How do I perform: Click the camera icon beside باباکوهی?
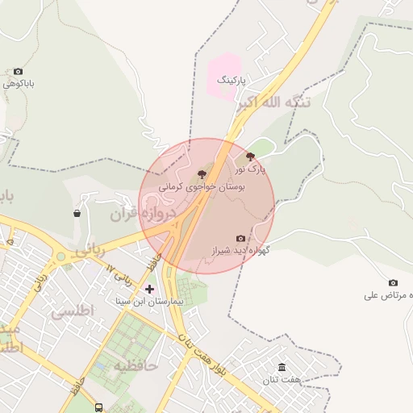(18, 72)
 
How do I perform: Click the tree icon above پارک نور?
(250, 156)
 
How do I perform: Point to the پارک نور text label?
(250, 169)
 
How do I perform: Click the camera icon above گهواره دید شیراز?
(240, 239)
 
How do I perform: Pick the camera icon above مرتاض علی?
(393, 282)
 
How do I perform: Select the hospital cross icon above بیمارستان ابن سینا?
(149, 288)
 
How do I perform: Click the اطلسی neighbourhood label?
(73, 310)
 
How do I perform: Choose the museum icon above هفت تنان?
(282, 367)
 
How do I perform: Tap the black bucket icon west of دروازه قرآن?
(77, 214)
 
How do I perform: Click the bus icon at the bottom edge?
(98, 408)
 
